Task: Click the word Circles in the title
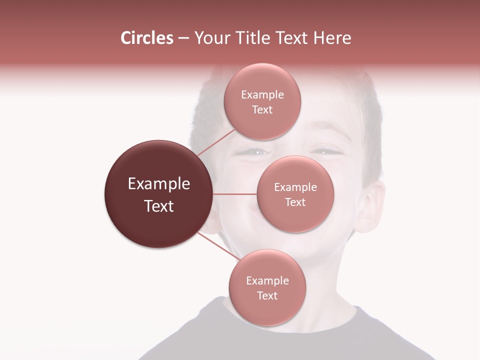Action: pyautogui.click(x=146, y=38)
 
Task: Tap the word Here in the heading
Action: pyautogui.click(x=332, y=38)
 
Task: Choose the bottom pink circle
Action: pyautogui.click(x=267, y=310)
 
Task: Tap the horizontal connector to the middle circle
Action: pyautogui.click(x=235, y=194)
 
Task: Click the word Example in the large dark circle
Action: pyautogui.click(x=159, y=184)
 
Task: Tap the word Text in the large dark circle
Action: pyautogui.click(x=159, y=206)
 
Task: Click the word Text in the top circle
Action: pyautogui.click(x=262, y=110)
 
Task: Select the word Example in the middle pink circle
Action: pyautogui.click(x=295, y=187)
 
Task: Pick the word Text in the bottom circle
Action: pyautogui.click(x=267, y=295)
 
